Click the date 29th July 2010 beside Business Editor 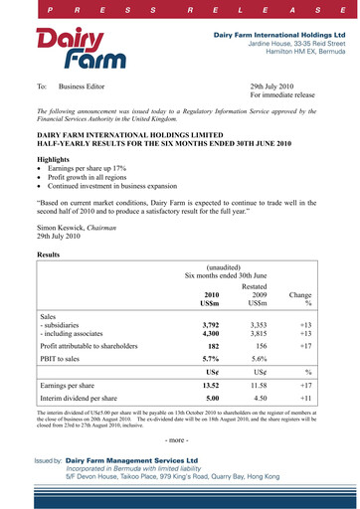278,86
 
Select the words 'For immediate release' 286,96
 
